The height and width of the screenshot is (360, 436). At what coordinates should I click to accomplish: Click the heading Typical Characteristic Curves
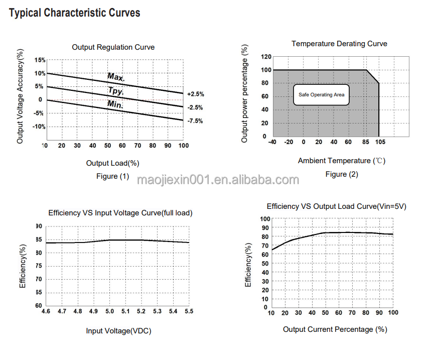[75, 13]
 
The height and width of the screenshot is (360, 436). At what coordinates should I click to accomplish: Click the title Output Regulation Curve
[113, 47]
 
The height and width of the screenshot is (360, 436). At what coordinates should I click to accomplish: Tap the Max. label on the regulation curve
[116, 77]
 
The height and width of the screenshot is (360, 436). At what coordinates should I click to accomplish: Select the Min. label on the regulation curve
[115, 104]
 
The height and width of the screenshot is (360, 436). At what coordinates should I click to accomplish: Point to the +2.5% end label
[195, 94]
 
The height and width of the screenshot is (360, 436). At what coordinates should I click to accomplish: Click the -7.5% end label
[195, 121]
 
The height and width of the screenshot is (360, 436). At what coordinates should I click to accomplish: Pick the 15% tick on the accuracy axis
[39, 60]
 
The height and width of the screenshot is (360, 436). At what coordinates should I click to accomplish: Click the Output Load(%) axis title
[112, 163]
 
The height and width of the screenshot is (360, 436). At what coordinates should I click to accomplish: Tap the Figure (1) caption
[113, 176]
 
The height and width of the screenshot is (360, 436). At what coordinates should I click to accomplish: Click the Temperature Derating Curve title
[339, 44]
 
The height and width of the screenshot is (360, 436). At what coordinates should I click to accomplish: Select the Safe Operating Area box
[321, 94]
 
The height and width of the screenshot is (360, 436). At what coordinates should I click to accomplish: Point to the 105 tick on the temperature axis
[380, 142]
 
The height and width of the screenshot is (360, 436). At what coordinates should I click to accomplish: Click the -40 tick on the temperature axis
[273, 142]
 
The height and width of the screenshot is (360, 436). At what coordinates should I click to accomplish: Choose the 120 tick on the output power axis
[266, 57]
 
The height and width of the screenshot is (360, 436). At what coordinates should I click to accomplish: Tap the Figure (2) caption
[342, 174]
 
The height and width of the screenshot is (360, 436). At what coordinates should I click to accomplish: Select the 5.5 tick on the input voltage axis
[189, 312]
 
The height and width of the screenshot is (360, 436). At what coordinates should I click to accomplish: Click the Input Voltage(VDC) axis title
[119, 330]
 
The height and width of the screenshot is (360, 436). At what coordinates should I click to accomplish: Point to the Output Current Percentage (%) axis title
[335, 329]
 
